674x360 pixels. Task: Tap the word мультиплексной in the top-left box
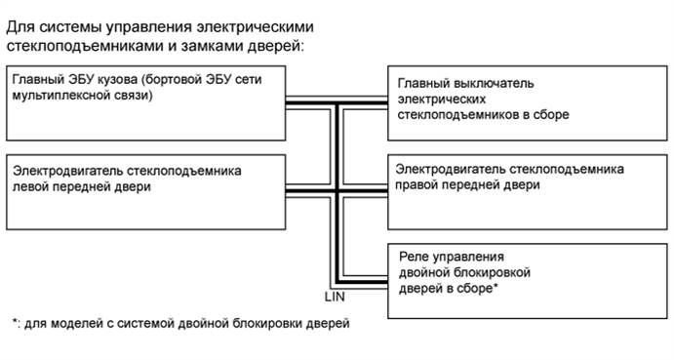pos(60,97)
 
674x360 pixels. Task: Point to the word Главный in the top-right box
pos(425,84)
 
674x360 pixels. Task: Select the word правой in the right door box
pos(422,184)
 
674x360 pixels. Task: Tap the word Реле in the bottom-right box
pos(415,256)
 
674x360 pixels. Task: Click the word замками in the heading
pos(133,47)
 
